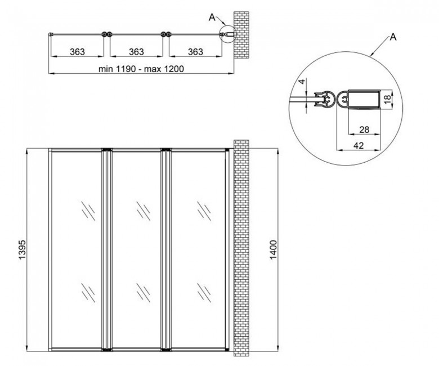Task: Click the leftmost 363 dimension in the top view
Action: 77,52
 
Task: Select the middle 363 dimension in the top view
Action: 136,52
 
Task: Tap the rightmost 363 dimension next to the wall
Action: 195,52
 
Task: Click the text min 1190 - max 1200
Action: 141,69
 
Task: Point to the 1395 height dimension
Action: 22,249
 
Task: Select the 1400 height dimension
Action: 274,249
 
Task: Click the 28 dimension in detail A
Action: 364,130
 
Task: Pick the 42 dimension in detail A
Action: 359,146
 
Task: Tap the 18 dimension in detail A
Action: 387,100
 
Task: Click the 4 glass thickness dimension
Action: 302,82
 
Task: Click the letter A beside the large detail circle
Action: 393,37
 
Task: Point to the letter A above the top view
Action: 212,17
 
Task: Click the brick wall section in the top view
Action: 241,35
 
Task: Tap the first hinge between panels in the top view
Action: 107,34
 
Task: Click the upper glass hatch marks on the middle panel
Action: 144,211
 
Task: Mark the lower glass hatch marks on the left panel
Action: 88,293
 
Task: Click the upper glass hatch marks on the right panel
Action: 204,211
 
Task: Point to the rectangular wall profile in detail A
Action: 364,99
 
